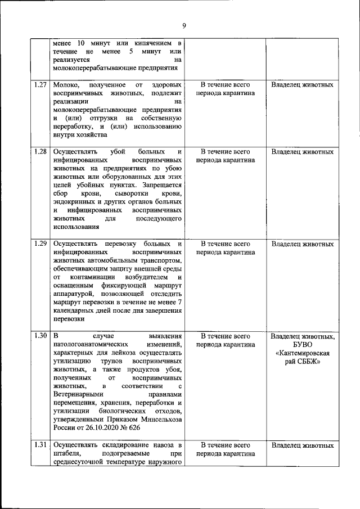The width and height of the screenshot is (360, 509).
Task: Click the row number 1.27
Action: point(40,85)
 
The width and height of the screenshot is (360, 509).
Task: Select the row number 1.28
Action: point(40,151)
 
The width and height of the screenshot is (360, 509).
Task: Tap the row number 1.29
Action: point(40,244)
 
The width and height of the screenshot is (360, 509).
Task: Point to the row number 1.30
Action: point(40,336)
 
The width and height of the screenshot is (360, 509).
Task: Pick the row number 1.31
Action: point(40,445)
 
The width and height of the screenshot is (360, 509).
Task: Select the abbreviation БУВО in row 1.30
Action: point(301,345)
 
